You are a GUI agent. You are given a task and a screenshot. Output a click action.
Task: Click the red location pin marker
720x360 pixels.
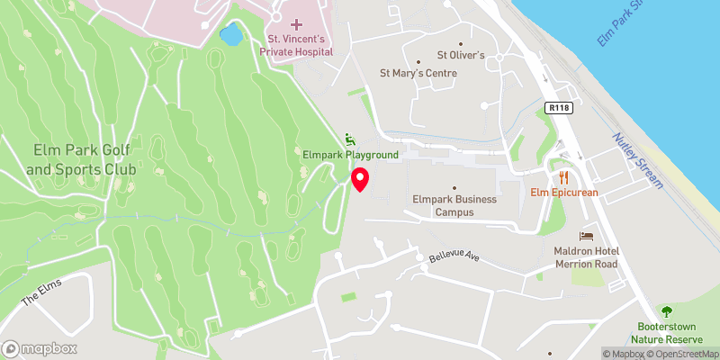pyautogui.click(x=360, y=180)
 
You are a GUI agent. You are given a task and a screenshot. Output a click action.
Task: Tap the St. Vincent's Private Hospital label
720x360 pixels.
pyautogui.click(x=296, y=46)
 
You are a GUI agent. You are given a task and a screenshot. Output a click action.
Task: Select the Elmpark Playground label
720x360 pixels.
pyautogui.click(x=350, y=155)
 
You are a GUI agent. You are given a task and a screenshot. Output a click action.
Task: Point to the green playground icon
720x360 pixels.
pyautogui.click(x=350, y=139)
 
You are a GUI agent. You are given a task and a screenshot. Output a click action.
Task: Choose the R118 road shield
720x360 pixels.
pyautogui.click(x=559, y=107)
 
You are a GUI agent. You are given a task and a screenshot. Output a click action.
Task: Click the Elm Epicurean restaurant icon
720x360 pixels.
pyautogui.click(x=564, y=176)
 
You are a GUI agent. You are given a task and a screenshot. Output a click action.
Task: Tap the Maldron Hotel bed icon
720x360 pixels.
pyautogui.click(x=587, y=234)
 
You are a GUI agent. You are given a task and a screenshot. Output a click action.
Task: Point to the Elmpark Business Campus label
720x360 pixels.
pyautogui.click(x=454, y=205)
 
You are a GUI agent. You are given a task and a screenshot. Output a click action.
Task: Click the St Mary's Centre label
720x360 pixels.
pyautogui.click(x=418, y=73)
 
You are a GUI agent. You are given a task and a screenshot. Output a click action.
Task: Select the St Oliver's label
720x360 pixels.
pyautogui.click(x=461, y=56)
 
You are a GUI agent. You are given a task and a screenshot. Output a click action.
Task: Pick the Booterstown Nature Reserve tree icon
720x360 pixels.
pyautogui.click(x=667, y=310)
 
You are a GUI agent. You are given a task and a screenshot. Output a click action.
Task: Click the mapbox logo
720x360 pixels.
pyautogui.click(x=40, y=348)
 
